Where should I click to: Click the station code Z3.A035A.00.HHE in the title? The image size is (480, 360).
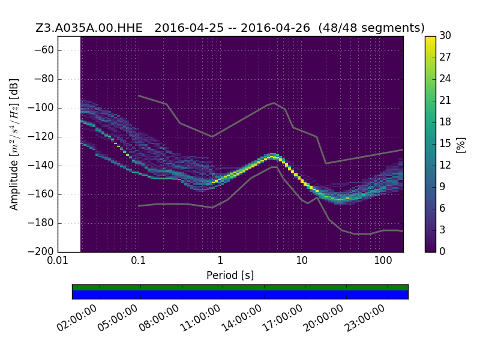(x=89, y=28)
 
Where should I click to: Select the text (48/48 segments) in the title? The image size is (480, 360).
(x=371, y=28)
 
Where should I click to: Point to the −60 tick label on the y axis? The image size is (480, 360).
(x=44, y=50)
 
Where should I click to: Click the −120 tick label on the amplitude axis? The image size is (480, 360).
(x=41, y=137)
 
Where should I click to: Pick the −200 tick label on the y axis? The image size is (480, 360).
(x=41, y=251)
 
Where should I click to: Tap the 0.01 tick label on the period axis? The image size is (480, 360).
(x=58, y=260)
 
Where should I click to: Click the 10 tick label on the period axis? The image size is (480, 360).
(x=302, y=260)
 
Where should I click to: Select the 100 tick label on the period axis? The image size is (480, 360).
(x=383, y=260)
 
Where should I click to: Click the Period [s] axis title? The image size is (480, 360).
(x=230, y=275)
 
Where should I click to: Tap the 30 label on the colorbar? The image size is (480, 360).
(x=445, y=35)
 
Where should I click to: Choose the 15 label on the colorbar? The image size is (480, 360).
(x=445, y=143)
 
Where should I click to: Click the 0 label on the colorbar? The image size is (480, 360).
(x=442, y=251)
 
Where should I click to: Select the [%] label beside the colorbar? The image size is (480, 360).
(x=461, y=145)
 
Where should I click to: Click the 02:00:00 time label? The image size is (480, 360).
(x=77, y=319)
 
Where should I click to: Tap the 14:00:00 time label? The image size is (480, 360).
(x=241, y=319)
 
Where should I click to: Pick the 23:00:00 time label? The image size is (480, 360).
(x=365, y=319)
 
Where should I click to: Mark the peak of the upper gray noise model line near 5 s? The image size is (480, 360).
(x=274, y=103)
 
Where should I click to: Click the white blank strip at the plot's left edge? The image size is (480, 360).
(x=70, y=144)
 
